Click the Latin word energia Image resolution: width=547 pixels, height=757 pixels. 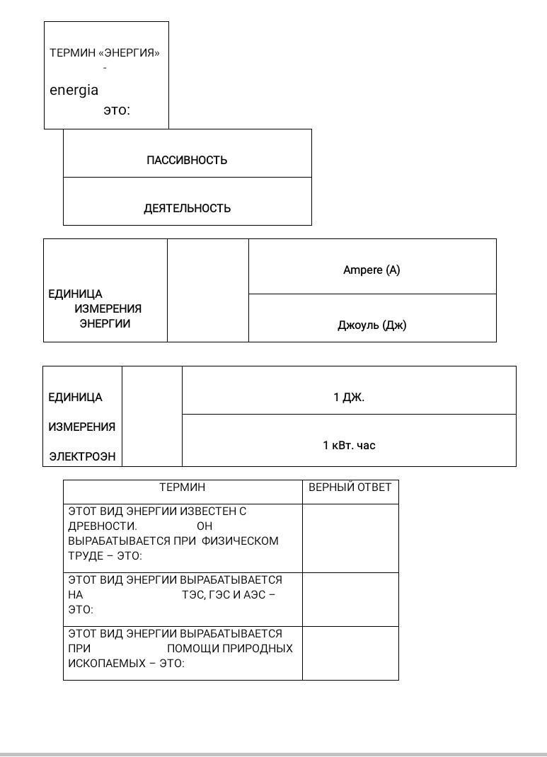click(x=74, y=91)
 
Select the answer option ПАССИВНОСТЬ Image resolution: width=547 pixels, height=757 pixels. click(x=187, y=161)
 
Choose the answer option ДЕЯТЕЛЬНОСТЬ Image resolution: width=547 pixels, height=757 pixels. click(x=188, y=208)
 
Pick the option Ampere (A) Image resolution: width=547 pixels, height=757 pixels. click(x=372, y=270)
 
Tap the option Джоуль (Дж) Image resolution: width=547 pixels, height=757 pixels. click(x=372, y=325)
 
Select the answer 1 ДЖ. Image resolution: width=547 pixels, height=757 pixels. click(x=349, y=398)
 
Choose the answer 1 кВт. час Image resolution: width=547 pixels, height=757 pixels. click(x=349, y=445)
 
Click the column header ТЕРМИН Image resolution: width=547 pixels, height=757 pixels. click(x=183, y=487)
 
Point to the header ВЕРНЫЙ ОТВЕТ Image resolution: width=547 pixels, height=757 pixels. click(x=350, y=487)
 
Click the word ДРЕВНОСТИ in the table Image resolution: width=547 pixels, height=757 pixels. click(x=103, y=526)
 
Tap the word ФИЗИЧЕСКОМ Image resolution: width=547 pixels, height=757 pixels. click(x=240, y=541)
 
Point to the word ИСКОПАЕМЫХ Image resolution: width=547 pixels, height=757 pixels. click(x=107, y=664)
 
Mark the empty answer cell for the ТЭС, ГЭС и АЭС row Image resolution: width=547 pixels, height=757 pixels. click(x=350, y=600)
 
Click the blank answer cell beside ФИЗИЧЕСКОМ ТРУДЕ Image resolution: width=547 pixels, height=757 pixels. click(x=350, y=538)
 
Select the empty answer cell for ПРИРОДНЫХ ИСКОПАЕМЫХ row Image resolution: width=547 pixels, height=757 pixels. click(x=350, y=653)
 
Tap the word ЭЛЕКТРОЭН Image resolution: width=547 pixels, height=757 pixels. click(x=83, y=457)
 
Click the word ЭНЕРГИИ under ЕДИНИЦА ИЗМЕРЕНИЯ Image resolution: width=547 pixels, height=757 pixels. click(x=105, y=323)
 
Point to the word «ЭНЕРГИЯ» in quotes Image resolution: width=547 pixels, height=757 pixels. click(x=129, y=53)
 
